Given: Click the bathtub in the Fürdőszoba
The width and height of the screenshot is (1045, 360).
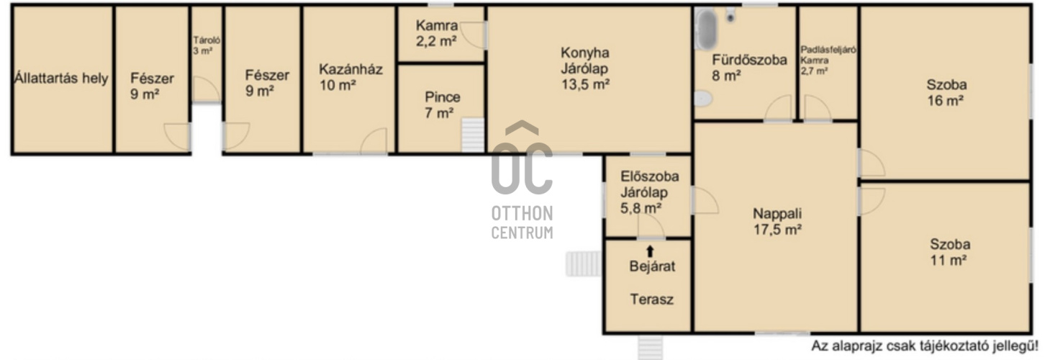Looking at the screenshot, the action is tap(706, 29).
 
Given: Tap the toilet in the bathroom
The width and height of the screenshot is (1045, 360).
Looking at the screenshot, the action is tap(703, 98).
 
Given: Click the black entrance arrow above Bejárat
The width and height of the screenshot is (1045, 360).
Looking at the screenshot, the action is tap(649, 251).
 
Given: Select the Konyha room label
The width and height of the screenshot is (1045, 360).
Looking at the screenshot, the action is tap(585, 68).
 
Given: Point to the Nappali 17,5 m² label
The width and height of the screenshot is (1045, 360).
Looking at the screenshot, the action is tap(778, 221).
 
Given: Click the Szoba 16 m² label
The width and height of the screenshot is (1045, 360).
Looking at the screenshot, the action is tap(946, 92).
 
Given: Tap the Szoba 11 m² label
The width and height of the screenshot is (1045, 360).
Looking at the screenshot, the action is tap(950, 252).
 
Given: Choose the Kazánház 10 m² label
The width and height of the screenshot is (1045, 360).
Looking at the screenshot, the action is tap(350, 77).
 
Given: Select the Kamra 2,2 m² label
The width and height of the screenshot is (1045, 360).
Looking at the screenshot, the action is tap(437, 33).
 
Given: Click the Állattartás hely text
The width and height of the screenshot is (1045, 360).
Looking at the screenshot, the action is tap(61, 78).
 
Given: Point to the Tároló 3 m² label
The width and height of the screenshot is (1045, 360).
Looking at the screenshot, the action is tap(207, 45).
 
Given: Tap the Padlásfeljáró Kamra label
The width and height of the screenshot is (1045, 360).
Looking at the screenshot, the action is tap(828, 60).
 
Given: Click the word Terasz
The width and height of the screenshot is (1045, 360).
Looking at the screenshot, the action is tap(652, 300).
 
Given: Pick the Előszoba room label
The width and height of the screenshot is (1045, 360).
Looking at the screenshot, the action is tap(649, 192).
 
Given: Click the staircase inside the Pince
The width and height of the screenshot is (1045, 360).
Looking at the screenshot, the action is tap(473, 135).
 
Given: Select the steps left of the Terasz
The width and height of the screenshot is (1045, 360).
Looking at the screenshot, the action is tap(584, 264).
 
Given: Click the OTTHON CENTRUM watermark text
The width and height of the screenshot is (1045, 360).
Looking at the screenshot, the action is tap(522, 222).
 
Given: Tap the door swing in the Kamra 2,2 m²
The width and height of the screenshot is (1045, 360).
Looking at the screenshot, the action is tap(473, 35).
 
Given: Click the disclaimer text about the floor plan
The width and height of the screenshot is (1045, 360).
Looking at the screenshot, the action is tap(925, 346).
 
